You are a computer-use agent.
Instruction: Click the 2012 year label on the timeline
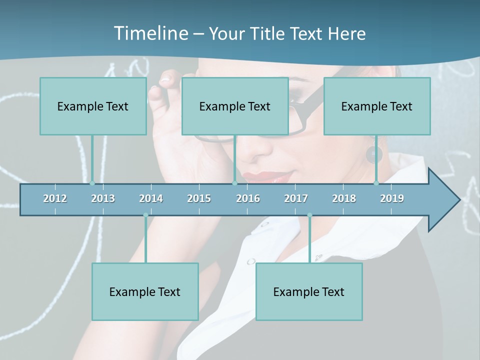coord(55,198)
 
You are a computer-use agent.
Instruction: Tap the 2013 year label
coord(103,198)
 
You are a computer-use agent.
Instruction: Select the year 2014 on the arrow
coord(151,198)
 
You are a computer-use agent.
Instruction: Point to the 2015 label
coord(199,198)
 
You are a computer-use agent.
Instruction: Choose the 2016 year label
coord(248,198)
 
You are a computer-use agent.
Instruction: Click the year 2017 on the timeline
coord(296,198)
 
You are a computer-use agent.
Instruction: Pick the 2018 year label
coord(344,198)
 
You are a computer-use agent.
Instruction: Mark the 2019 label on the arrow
coord(392,198)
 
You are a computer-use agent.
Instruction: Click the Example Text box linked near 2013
coord(93,106)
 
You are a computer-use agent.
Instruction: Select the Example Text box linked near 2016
coord(235,106)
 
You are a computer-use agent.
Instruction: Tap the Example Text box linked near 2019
coord(377,106)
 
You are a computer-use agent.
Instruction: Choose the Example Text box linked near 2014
coord(145,291)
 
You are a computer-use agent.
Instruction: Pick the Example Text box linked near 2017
coord(309,291)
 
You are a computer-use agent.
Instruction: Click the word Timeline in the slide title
coord(149,33)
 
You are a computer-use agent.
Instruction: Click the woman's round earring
coord(373,155)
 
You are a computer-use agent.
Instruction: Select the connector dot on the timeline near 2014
coord(145,215)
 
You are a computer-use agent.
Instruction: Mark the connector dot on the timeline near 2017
coord(309,215)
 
